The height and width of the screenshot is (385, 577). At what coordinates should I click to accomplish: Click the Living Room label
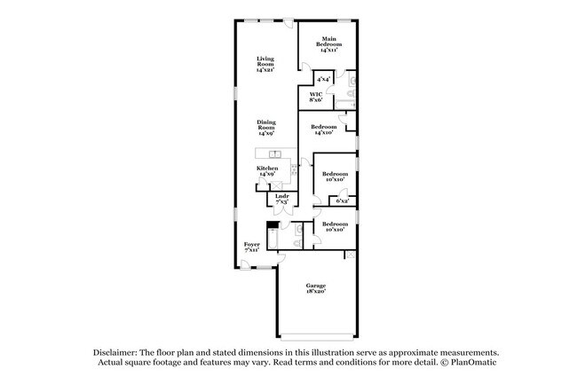click(x=265, y=64)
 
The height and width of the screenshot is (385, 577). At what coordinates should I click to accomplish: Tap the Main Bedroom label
click(x=329, y=44)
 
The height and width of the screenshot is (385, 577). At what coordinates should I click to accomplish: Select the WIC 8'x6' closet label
click(x=315, y=97)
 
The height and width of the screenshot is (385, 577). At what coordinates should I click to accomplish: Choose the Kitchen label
click(x=266, y=171)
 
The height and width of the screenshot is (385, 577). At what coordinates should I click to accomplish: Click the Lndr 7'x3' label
click(x=281, y=200)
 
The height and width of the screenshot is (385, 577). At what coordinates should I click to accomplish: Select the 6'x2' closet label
click(x=342, y=202)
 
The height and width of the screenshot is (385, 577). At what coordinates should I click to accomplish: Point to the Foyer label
click(x=252, y=247)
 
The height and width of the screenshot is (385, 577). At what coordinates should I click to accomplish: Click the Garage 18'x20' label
click(x=315, y=288)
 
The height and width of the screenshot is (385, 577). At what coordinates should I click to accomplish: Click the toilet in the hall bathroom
click(x=299, y=232)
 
